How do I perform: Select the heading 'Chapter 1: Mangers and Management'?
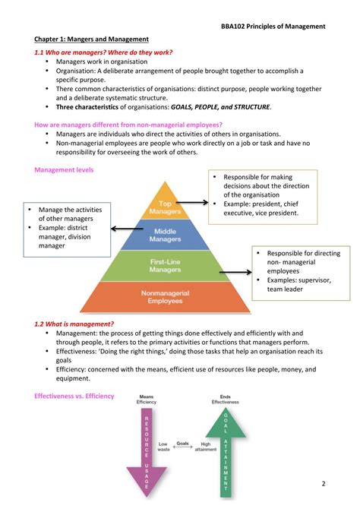[91, 39]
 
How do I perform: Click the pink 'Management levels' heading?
[63, 170]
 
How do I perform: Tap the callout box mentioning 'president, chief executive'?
[261, 196]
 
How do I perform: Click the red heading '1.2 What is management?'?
[74, 324]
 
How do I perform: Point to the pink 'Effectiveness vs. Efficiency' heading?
[74, 396]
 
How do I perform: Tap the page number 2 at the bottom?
[323, 483]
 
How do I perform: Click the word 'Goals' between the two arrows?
[183, 443]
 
